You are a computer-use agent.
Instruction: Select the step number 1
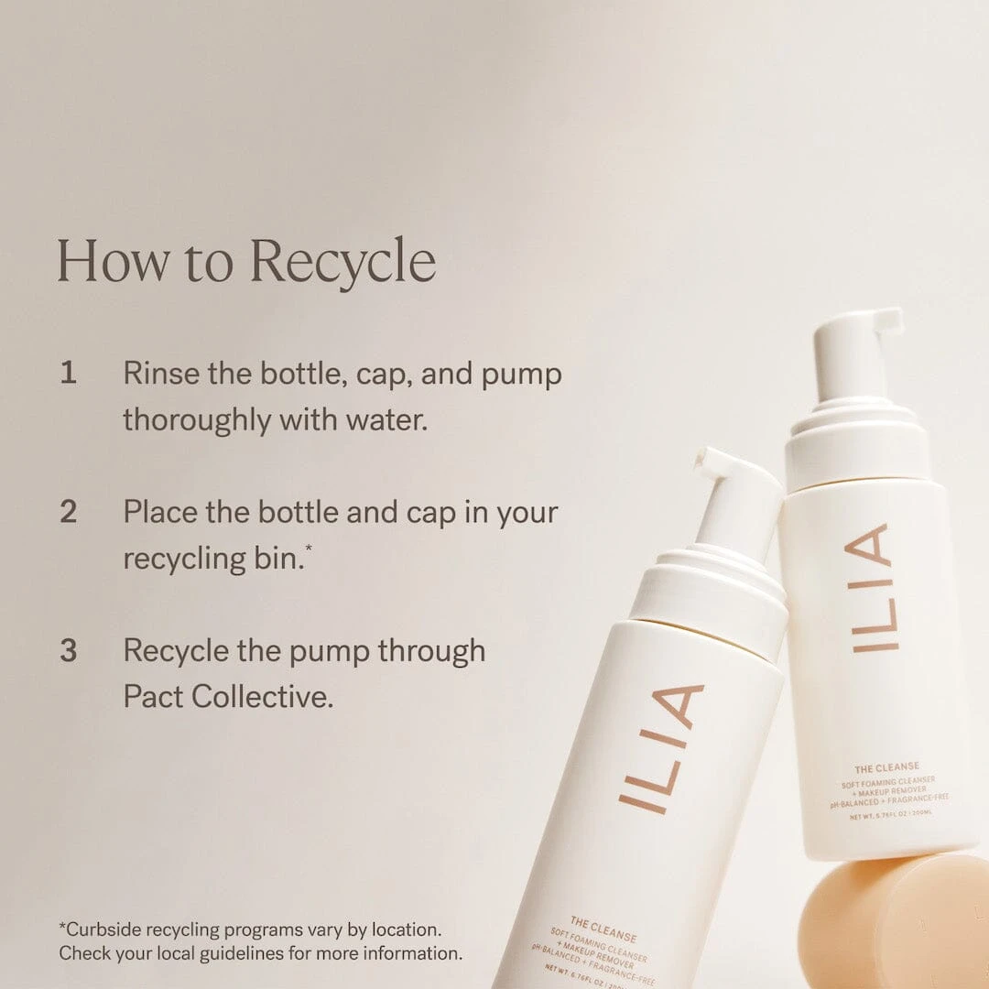pyautogui.click(x=68, y=374)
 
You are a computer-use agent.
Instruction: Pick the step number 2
pyautogui.click(x=69, y=512)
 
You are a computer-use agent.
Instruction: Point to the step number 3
pyautogui.click(x=69, y=651)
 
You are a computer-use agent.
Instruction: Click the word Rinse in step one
pyautogui.click(x=161, y=374)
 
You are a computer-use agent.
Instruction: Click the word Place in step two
pyautogui.click(x=160, y=512)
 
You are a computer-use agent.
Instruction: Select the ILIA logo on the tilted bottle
pyautogui.click(x=661, y=748)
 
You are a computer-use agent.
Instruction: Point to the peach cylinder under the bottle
pyautogui.click(x=893, y=920)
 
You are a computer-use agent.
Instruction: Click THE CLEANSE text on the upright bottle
pyautogui.click(x=886, y=766)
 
